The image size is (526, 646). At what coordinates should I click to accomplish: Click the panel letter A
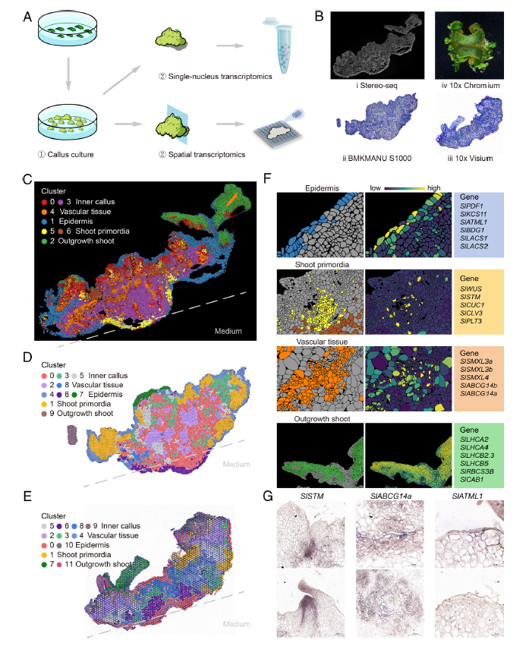click(28, 15)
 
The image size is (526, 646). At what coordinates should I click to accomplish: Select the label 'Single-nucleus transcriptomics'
click(219, 76)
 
